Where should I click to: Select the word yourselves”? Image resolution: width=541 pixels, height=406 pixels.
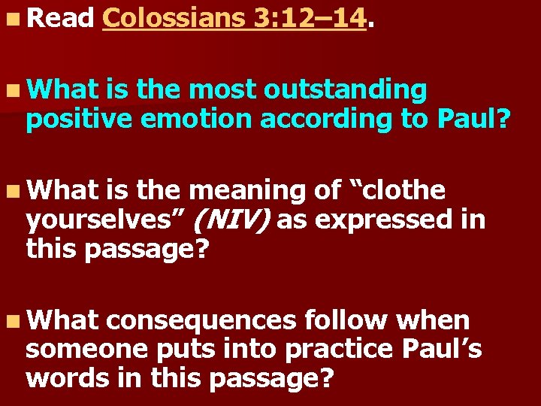(105, 220)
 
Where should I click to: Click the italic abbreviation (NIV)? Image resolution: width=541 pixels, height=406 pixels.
(233, 220)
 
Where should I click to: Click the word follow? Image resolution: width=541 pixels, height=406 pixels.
(346, 320)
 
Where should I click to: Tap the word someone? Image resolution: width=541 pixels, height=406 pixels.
(80, 350)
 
